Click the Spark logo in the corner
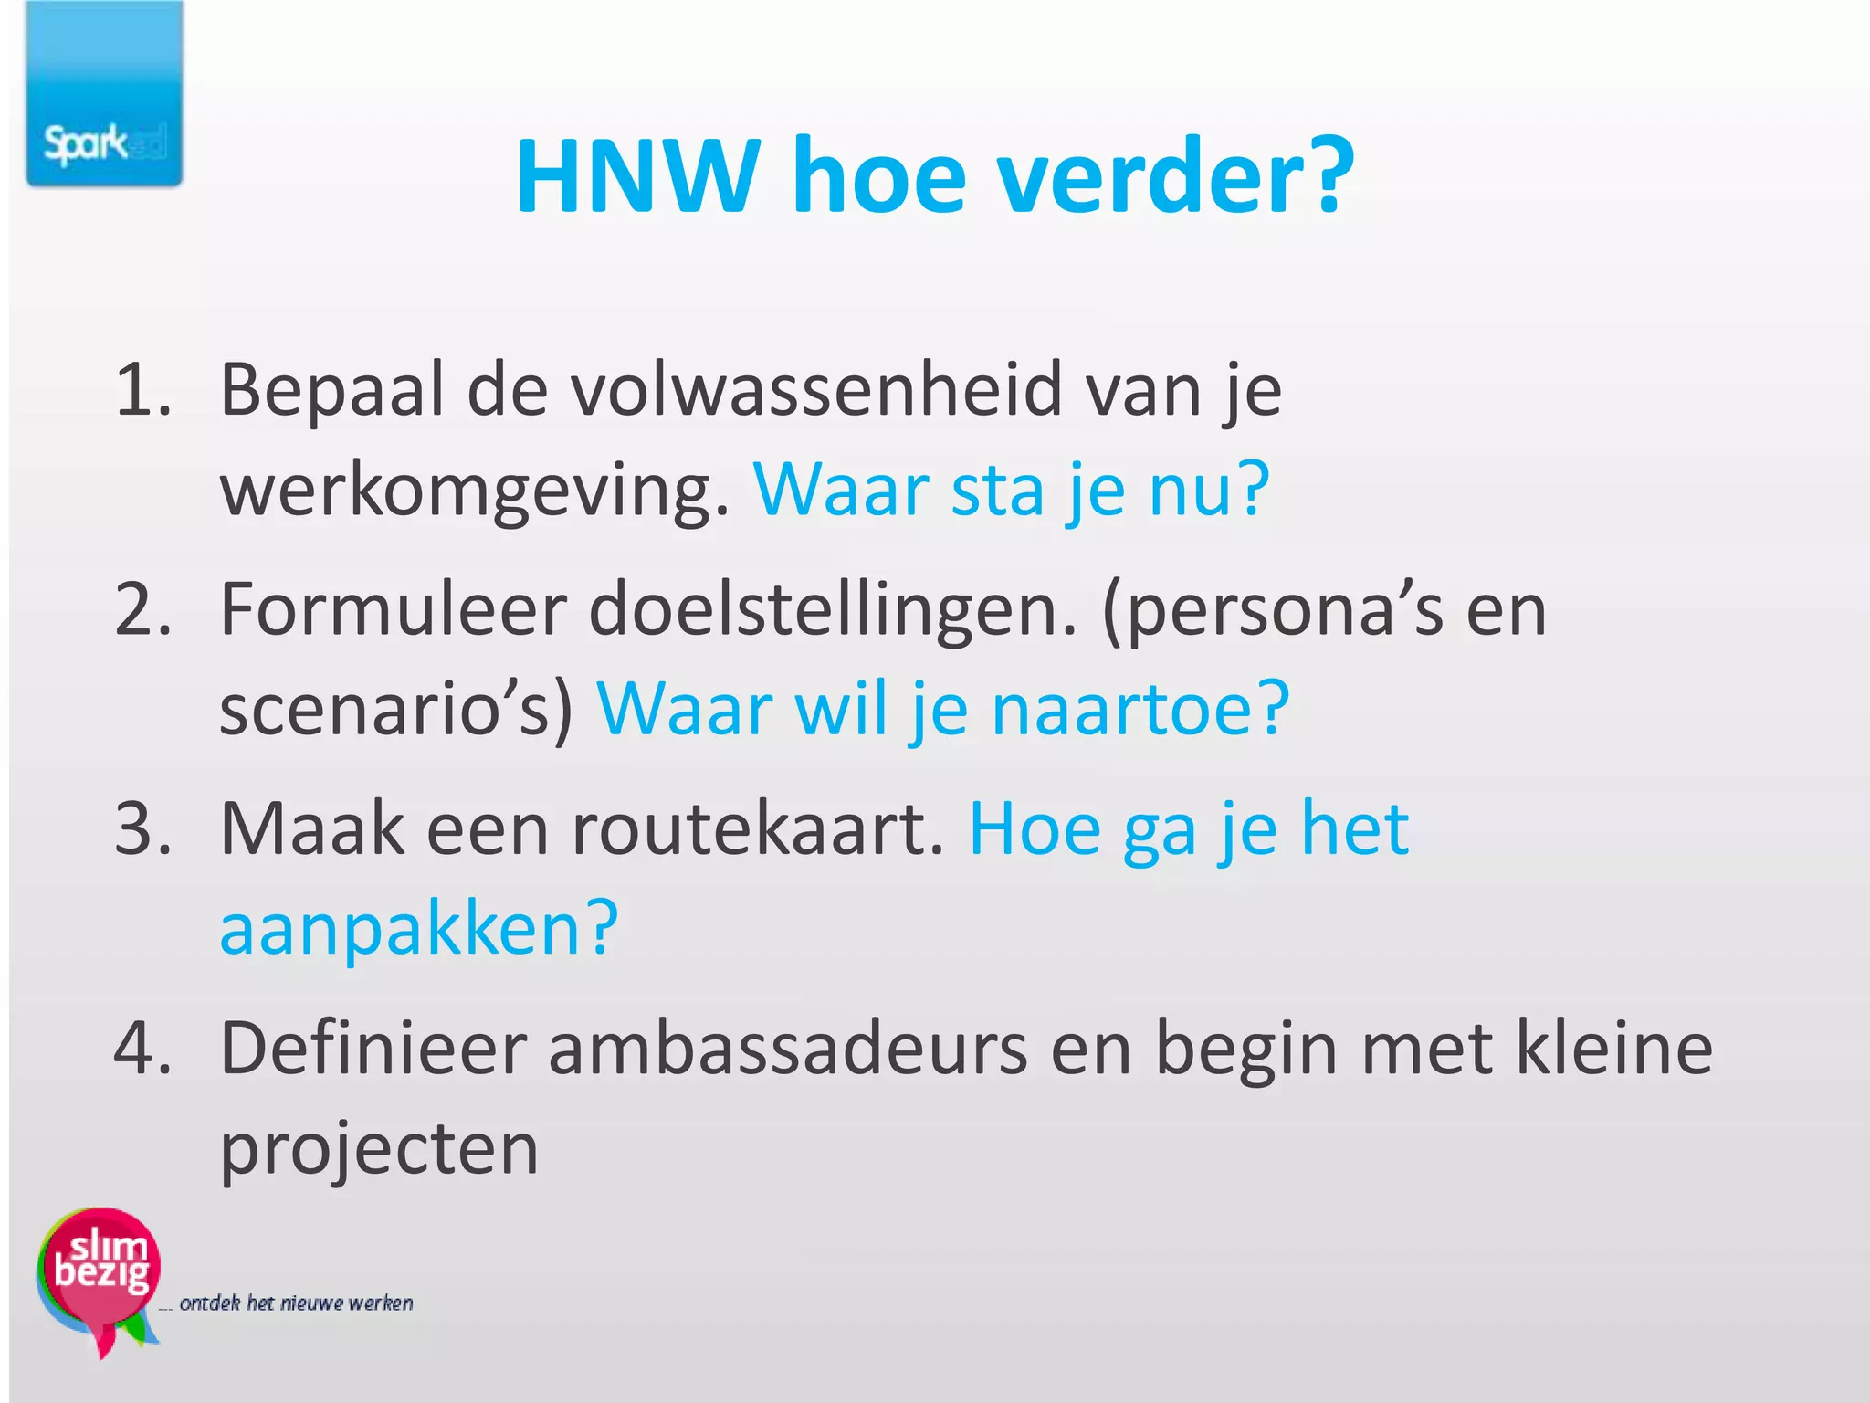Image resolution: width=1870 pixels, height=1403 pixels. [104, 95]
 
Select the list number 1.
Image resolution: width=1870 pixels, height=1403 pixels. [142, 390]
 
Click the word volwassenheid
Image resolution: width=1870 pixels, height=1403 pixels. [816, 390]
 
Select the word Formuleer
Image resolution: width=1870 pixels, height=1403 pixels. [394, 609]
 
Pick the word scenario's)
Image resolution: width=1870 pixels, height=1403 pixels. [397, 710]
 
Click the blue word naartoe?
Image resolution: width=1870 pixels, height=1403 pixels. [1140, 710]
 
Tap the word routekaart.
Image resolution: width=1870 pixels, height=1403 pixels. [758, 828]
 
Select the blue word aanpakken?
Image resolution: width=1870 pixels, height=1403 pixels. [419, 930]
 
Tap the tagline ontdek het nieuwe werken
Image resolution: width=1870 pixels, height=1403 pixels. [296, 1303]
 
